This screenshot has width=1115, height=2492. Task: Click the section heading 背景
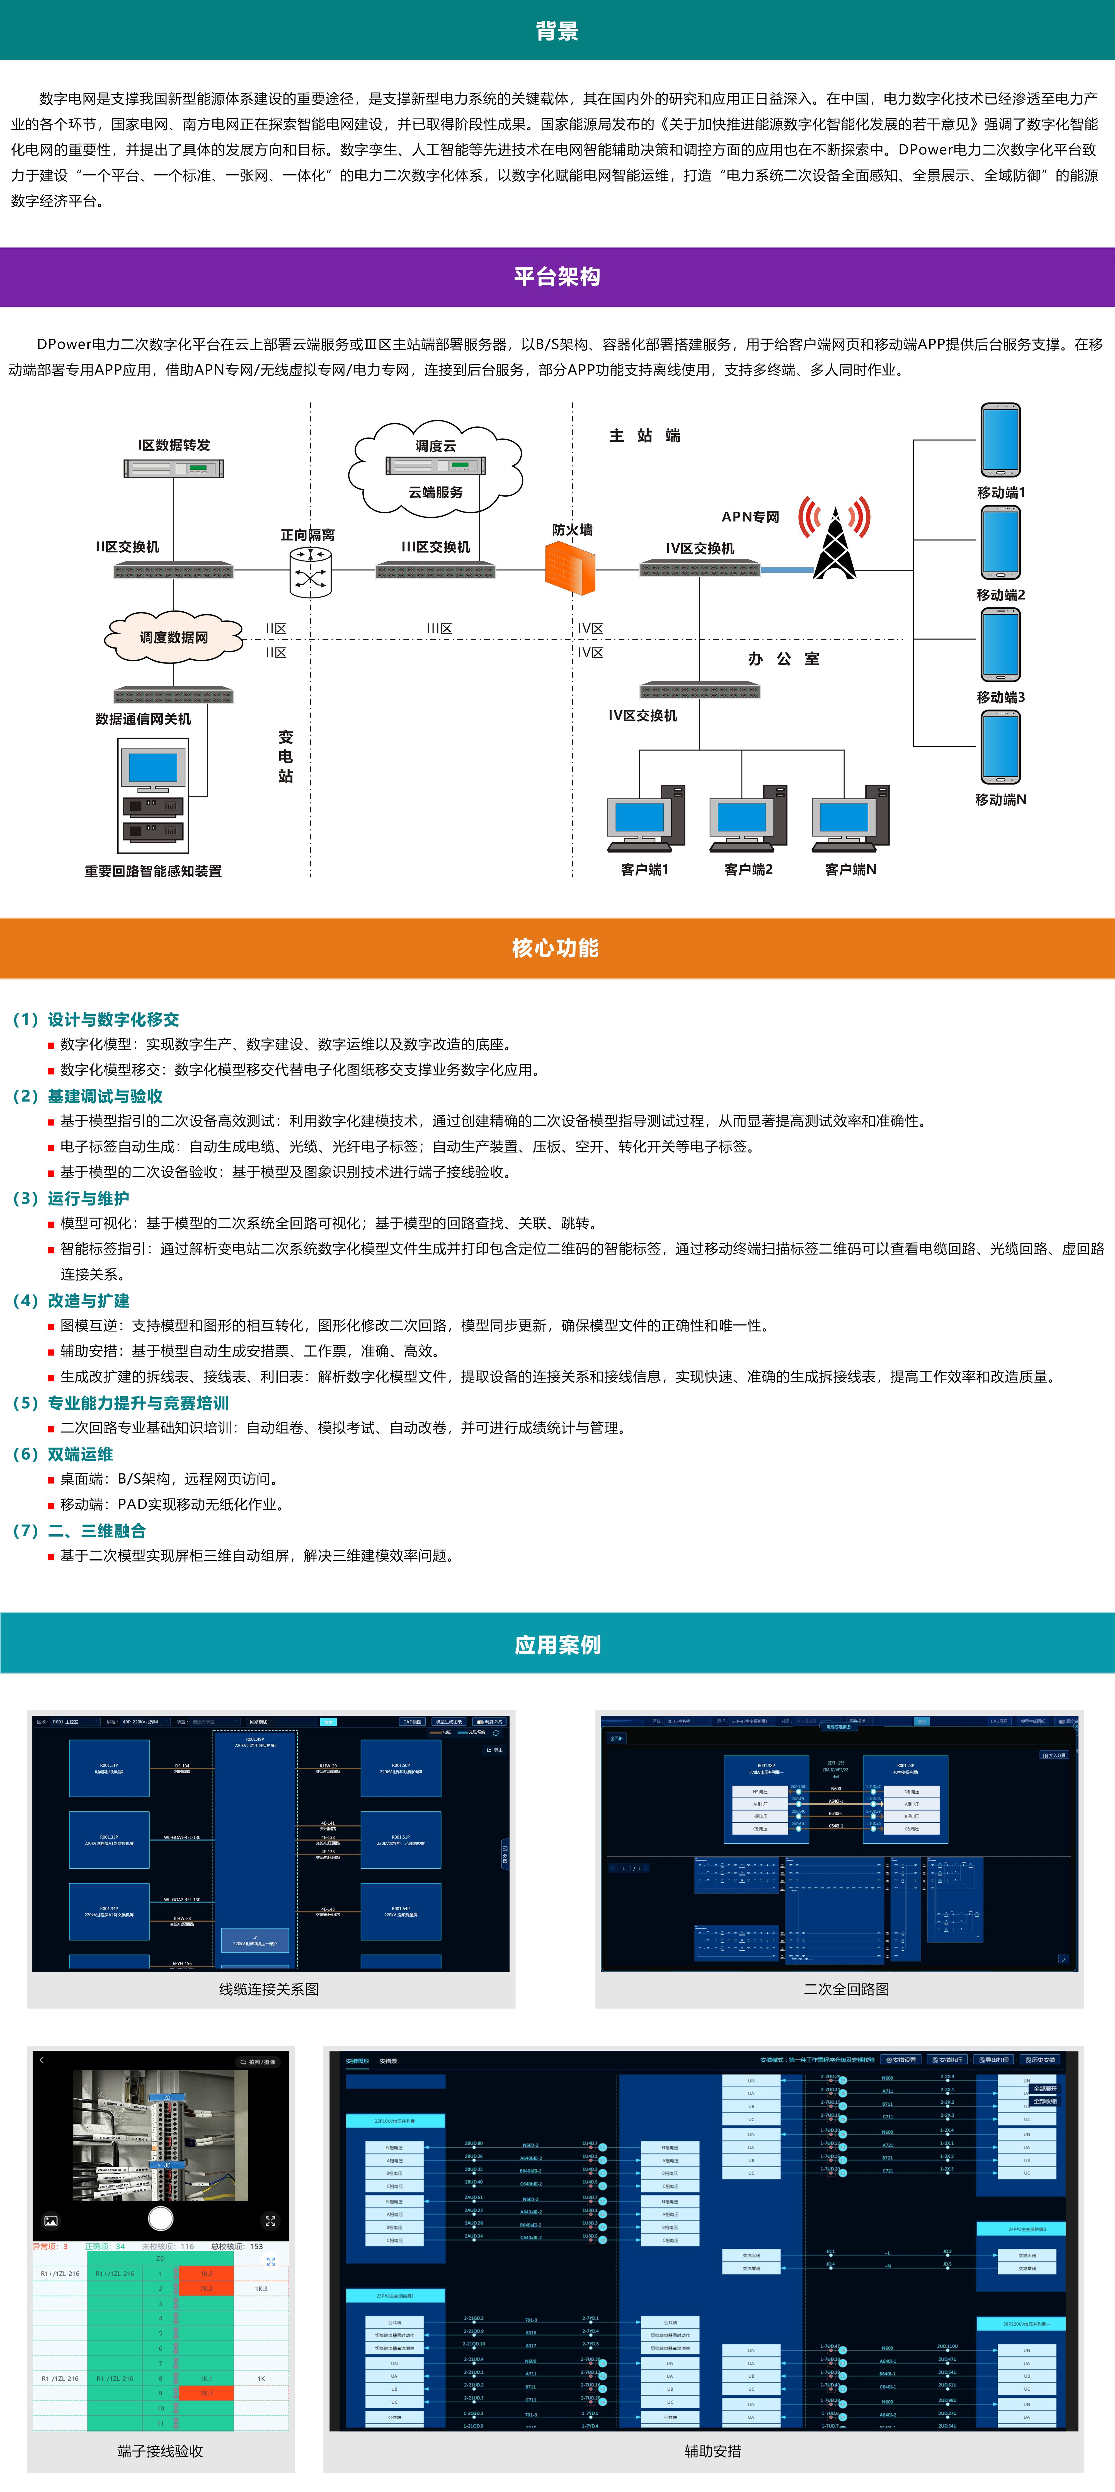point(557,31)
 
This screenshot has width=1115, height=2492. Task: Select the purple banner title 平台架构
point(557,277)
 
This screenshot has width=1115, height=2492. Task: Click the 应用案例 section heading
point(557,1645)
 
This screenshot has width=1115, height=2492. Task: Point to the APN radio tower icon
point(835,538)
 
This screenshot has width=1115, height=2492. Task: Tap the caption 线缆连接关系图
point(269,1989)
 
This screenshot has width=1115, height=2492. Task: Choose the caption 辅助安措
point(713,2451)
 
